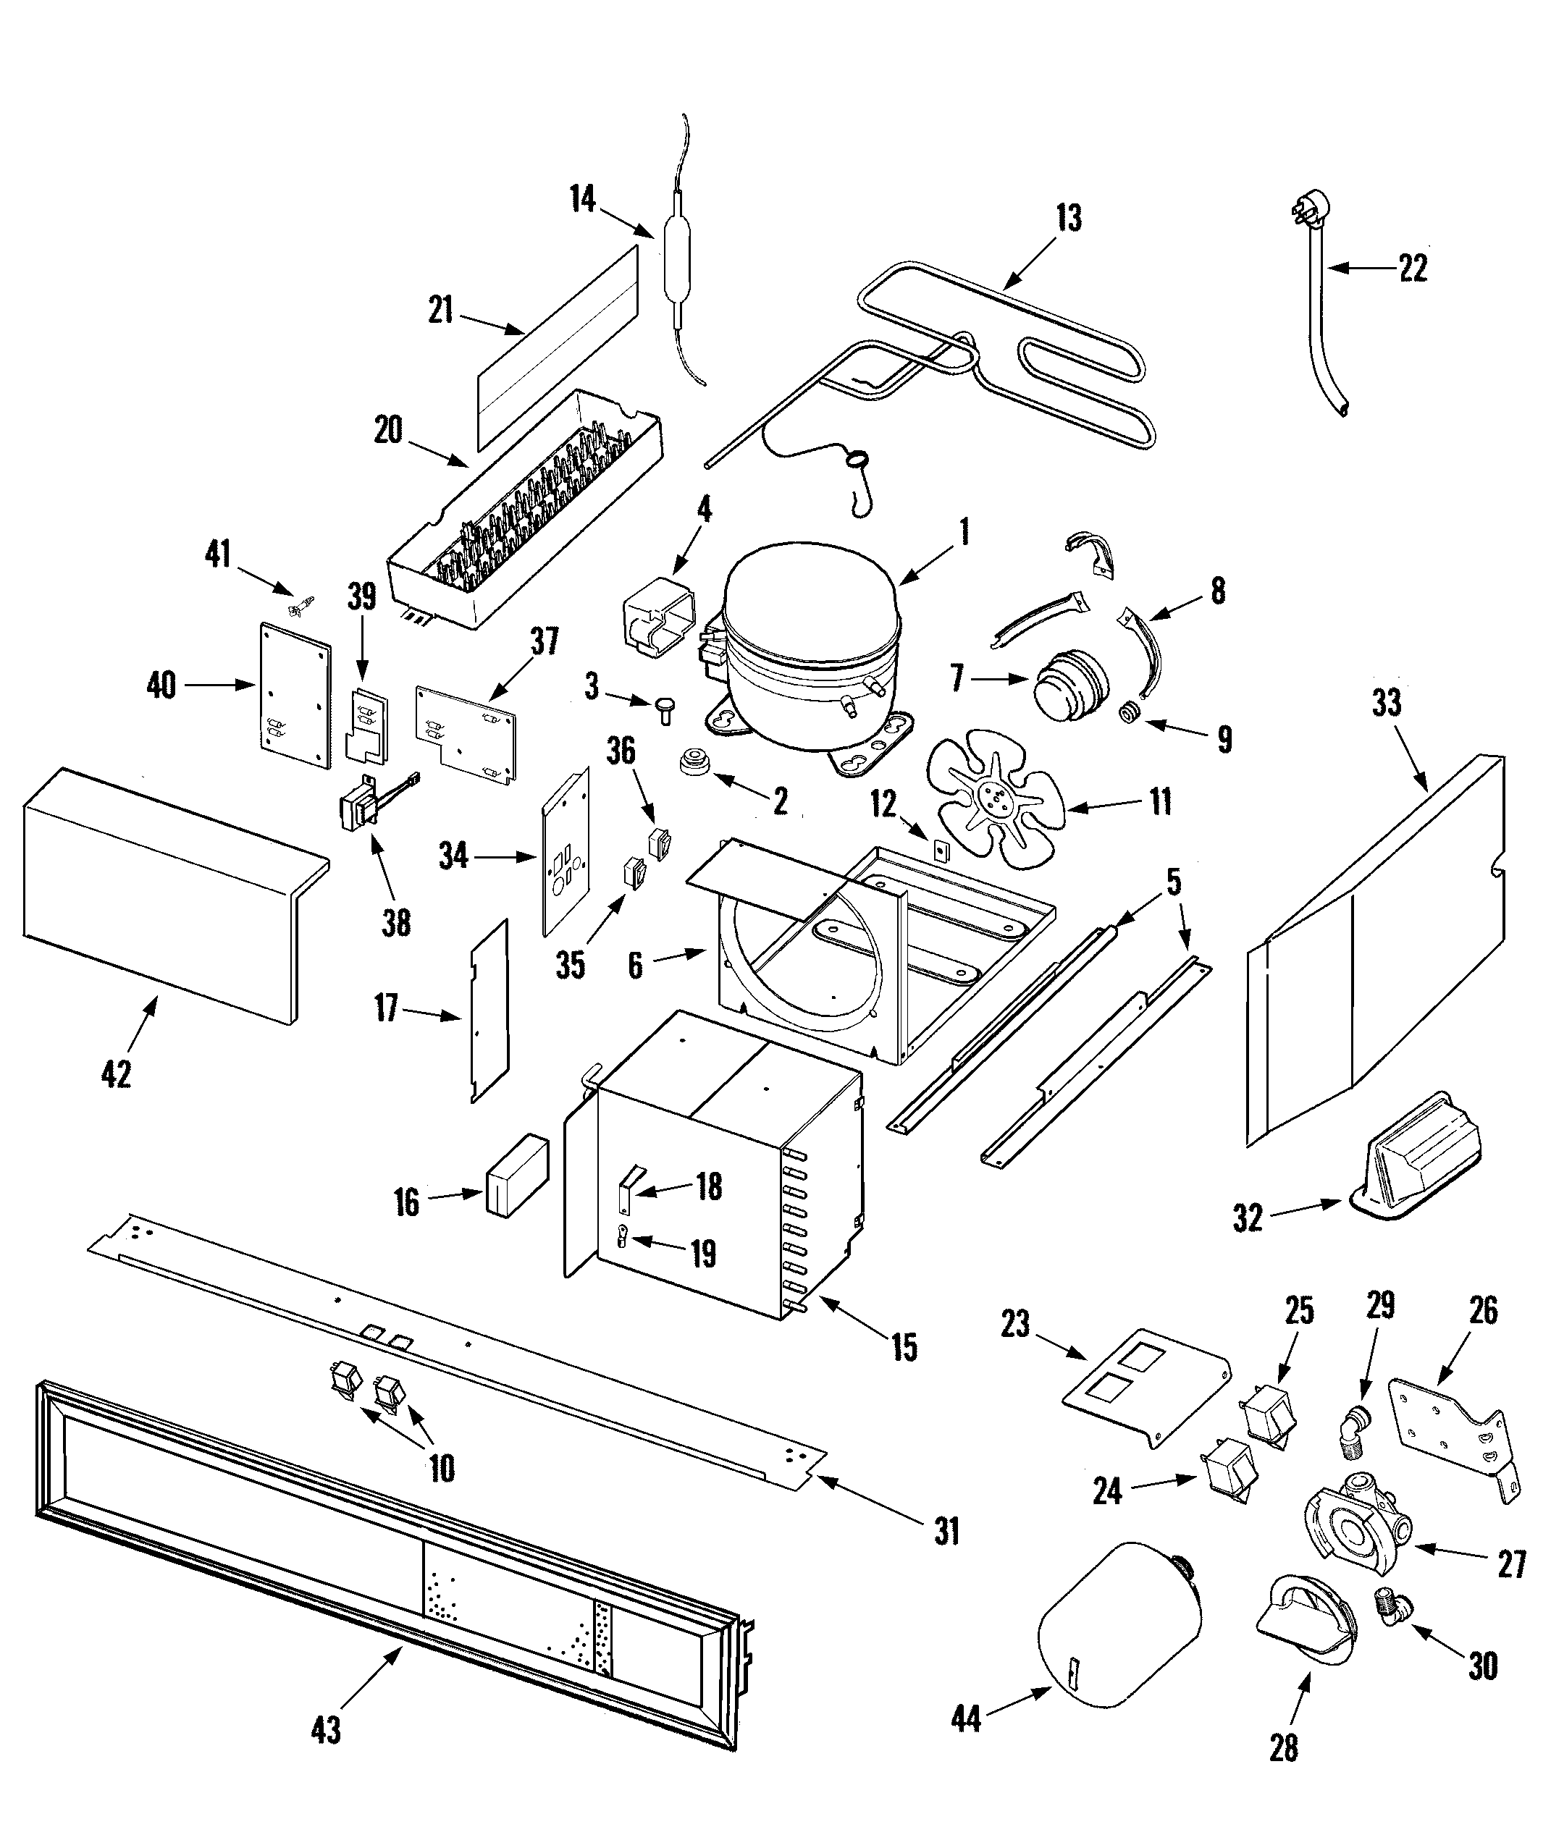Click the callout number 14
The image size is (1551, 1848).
point(582,199)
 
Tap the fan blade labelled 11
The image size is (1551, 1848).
point(996,796)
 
